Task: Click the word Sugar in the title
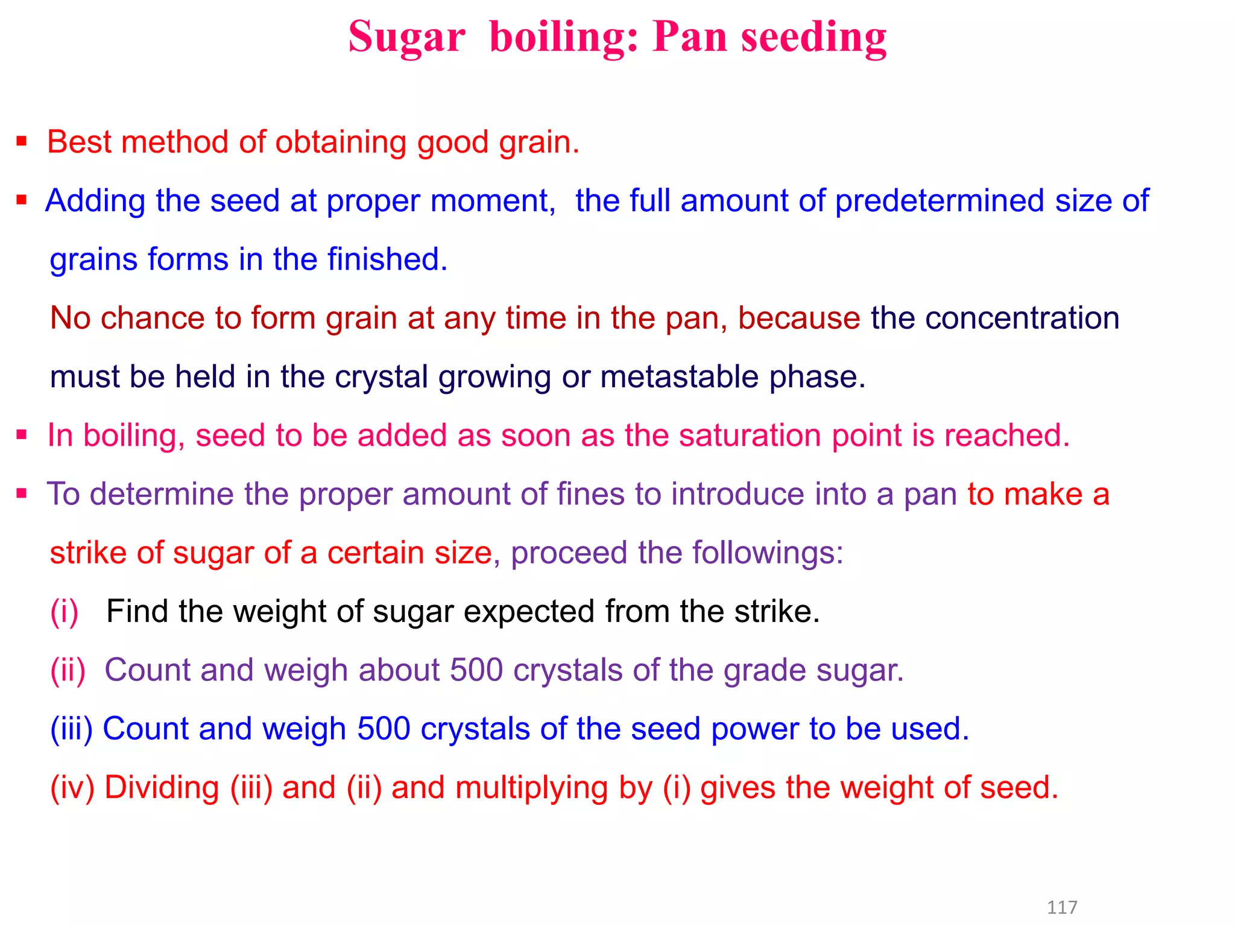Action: [x=406, y=37]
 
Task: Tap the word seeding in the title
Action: [x=813, y=37]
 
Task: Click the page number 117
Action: [x=1062, y=907]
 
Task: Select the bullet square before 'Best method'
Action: [x=22, y=142]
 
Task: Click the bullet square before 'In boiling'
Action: [x=22, y=435]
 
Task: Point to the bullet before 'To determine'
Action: [x=22, y=494]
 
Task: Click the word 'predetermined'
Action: [x=940, y=201]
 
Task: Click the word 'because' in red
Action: [x=798, y=318]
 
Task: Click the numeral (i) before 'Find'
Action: [x=65, y=612]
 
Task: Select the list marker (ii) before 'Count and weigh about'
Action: [x=68, y=670]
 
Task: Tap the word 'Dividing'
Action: [x=162, y=788]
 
